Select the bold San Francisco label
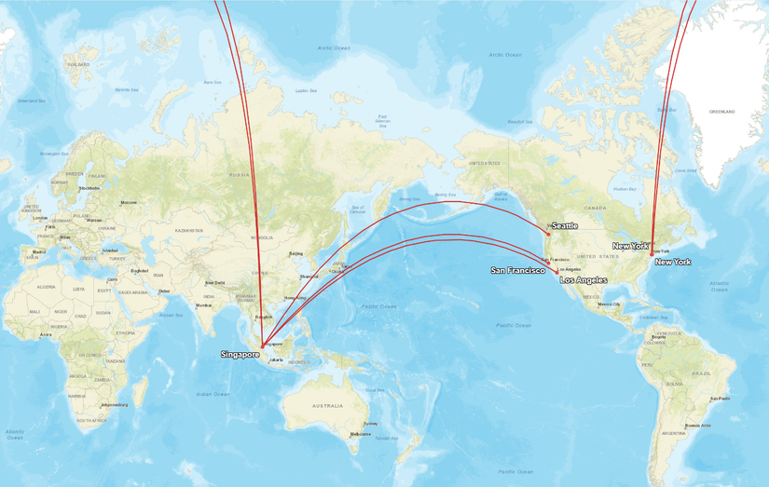click(x=518, y=270)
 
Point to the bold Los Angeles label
click(x=583, y=279)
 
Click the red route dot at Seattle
click(x=549, y=233)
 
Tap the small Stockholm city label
click(x=89, y=188)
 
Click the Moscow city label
click(x=129, y=202)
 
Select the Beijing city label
click(x=296, y=252)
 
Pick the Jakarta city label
click(x=276, y=359)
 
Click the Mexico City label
click(x=609, y=304)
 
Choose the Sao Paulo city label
click(x=719, y=398)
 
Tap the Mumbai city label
click(x=203, y=305)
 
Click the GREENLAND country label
click(x=722, y=112)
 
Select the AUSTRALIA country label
click(x=327, y=405)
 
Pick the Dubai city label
click(x=164, y=291)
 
